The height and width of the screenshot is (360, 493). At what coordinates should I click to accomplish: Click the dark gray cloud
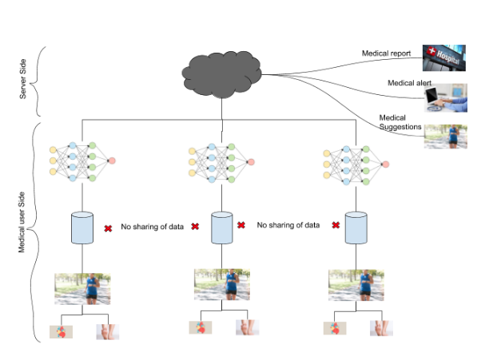221,74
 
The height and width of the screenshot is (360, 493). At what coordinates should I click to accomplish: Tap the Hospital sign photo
444,57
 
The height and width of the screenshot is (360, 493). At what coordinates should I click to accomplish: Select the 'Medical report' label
386,53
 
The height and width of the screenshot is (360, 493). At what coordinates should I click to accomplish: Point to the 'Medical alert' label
409,83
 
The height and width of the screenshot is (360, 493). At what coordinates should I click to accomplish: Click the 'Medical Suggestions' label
400,122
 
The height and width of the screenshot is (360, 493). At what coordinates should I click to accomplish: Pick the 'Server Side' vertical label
22,79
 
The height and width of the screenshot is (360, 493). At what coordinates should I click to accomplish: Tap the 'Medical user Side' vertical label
22,222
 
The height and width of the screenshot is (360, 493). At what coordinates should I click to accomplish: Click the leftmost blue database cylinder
82,227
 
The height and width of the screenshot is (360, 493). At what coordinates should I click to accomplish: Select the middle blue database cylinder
222,227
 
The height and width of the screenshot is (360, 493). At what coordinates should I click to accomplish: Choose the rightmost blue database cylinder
356,227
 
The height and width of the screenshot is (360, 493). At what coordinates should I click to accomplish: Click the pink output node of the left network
112,160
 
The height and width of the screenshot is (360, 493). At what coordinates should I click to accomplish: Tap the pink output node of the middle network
251,162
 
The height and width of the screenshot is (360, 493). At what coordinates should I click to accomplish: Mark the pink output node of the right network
385,164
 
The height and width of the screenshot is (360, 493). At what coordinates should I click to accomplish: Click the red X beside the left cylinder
108,228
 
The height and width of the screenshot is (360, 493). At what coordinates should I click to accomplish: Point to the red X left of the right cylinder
336,225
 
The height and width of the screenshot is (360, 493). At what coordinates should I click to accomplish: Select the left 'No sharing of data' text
152,227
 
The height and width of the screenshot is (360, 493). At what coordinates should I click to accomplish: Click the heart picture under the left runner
62,332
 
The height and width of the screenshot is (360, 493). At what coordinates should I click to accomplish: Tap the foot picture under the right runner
381,328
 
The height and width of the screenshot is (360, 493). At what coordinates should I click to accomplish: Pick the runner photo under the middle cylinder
222,284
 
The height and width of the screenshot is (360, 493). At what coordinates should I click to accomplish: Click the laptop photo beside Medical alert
446,97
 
